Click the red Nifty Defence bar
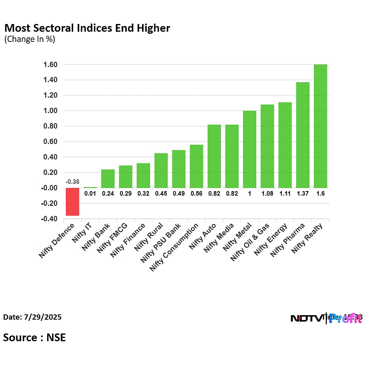click(x=72, y=202)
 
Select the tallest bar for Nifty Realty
click(x=320, y=126)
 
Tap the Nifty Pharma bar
click(x=303, y=135)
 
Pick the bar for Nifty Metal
click(x=250, y=149)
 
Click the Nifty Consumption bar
click(x=196, y=166)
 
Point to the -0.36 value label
click(x=72, y=182)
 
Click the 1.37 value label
click(x=303, y=194)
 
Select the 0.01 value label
click(x=90, y=194)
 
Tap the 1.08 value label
click(x=267, y=194)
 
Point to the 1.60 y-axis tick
click(x=49, y=65)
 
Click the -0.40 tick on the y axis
click(x=48, y=219)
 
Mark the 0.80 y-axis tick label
click(x=49, y=126)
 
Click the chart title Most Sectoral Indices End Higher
click(x=87, y=28)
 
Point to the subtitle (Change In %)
click(x=29, y=39)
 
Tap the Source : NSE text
click(x=35, y=338)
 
